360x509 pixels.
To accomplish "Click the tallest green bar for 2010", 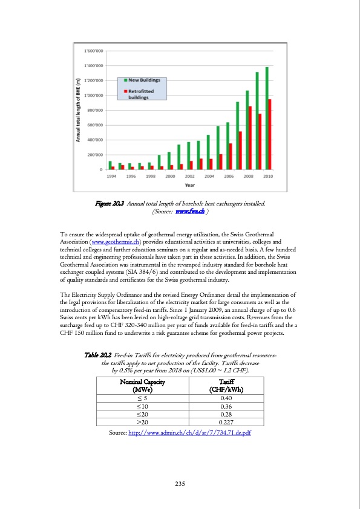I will point(267,118).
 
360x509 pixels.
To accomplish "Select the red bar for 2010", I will point(270,135).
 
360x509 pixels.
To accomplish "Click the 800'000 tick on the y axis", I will point(93,110).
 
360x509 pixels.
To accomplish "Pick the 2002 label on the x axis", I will point(190,176).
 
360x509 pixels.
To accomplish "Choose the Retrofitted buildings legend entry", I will point(140,94).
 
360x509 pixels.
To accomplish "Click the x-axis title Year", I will point(189,184).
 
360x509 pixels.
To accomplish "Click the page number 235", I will point(180,484).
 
